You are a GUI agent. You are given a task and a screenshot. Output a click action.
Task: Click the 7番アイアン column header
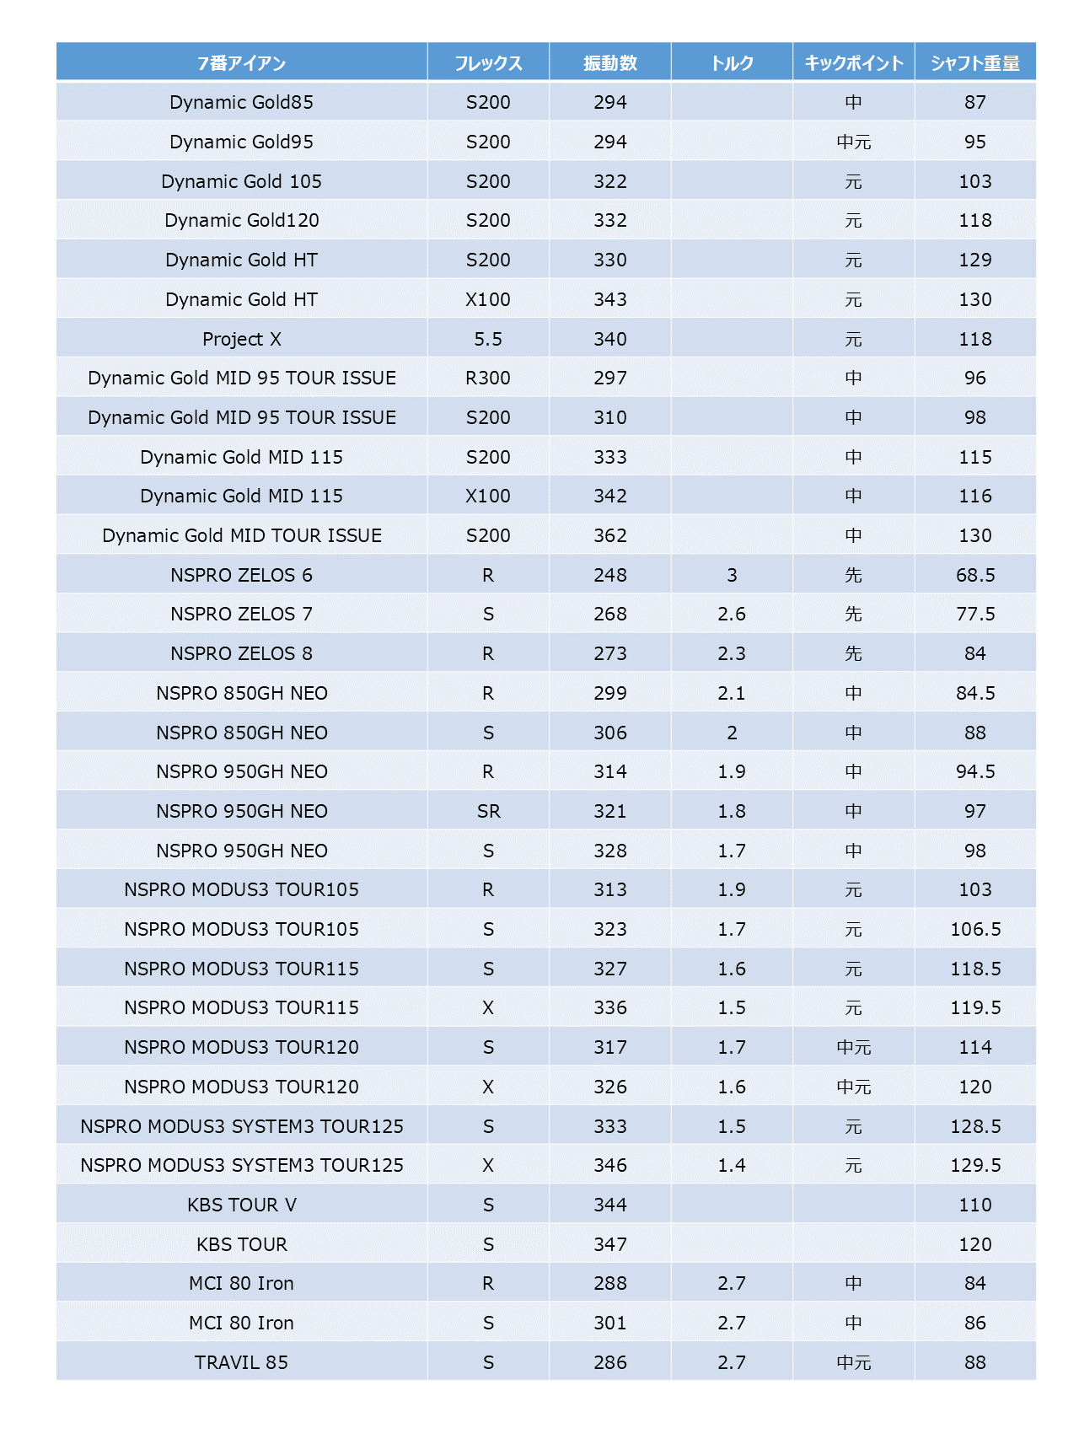click(x=242, y=63)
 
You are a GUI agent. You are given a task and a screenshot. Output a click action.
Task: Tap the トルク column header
click(x=732, y=63)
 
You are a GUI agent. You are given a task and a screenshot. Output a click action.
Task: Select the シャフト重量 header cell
click(x=975, y=63)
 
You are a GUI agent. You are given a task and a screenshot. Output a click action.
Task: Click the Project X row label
click(x=242, y=339)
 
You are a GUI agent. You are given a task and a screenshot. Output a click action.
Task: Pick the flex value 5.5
click(x=488, y=339)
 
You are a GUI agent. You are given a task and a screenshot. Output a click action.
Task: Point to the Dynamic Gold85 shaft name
click(x=242, y=102)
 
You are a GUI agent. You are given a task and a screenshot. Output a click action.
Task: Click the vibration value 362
click(x=610, y=535)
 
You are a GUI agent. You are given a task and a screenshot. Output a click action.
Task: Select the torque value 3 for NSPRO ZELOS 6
click(x=732, y=575)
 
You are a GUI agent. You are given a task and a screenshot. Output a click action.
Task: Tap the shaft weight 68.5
click(x=975, y=575)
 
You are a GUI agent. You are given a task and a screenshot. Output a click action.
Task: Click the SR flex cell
click(x=488, y=811)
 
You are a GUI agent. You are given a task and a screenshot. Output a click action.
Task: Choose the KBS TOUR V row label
click(x=242, y=1205)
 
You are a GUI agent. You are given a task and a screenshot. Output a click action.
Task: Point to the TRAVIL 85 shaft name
click(x=242, y=1362)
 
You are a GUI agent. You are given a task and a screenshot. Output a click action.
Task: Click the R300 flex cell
click(x=488, y=378)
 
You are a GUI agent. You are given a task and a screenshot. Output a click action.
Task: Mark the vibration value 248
click(x=610, y=575)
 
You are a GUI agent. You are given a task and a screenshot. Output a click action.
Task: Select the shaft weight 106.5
click(x=975, y=929)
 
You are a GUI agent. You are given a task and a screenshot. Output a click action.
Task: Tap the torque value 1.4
click(x=732, y=1165)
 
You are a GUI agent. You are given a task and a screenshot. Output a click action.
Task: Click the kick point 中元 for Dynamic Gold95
click(x=854, y=142)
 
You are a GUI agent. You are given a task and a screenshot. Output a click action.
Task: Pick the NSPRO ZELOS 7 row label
click(x=242, y=614)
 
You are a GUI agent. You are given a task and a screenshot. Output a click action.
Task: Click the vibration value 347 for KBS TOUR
click(x=610, y=1244)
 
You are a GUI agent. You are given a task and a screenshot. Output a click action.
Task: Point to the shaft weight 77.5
click(x=975, y=614)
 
